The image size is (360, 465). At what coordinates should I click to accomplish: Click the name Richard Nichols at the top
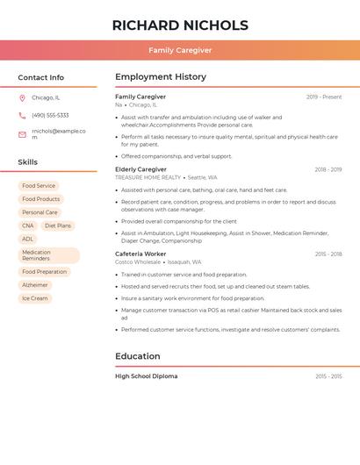point(180,25)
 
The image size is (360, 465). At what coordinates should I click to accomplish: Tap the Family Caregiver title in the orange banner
point(180,51)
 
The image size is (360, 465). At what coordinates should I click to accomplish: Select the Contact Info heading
point(41,77)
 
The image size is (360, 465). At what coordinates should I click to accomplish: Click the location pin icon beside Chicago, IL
point(22,98)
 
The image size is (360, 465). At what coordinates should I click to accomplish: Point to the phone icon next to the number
point(22,116)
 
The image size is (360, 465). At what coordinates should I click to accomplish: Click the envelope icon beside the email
point(22,134)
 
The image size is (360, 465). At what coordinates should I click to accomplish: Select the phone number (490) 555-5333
point(50,116)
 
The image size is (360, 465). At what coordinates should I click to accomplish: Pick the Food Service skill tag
point(39,186)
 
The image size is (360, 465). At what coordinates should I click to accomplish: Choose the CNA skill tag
point(28,225)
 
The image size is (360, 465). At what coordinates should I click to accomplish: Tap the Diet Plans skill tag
point(58,225)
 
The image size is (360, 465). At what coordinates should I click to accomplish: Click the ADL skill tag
point(28,239)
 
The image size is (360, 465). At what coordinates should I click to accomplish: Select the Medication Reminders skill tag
point(48,255)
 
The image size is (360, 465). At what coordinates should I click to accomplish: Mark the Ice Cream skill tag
point(35,298)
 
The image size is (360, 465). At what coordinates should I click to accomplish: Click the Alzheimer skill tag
point(35,285)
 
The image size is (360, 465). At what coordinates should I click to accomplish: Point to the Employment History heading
point(161,77)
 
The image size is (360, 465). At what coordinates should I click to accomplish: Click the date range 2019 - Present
point(324,97)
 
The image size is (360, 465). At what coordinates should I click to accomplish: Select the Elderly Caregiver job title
point(140,169)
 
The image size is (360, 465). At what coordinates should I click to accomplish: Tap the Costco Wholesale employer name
point(138,261)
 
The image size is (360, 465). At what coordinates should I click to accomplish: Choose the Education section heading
point(138,356)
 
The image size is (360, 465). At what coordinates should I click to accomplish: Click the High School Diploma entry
point(146,376)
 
